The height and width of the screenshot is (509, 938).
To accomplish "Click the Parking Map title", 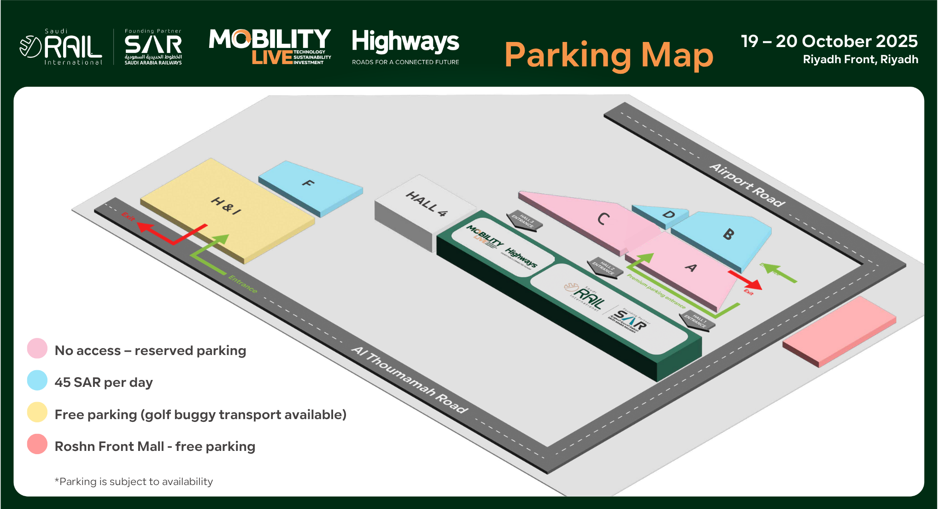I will (609, 55).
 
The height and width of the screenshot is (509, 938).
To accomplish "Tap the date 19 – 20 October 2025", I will (829, 41).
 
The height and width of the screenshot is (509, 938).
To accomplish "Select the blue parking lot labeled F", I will (309, 184).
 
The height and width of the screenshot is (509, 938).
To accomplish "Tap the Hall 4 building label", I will (426, 203).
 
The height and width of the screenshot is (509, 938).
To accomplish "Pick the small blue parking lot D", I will (668, 214).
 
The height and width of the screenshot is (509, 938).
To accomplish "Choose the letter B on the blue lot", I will (728, 234).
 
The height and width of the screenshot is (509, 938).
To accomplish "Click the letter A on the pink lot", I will (691, 267).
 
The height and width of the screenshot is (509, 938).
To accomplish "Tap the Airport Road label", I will (746, 184).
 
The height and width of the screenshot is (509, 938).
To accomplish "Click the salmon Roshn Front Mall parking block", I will (839, 331).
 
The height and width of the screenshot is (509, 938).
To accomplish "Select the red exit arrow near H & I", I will (170, 233).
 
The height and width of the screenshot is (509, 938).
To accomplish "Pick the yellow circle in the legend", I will (37, 412).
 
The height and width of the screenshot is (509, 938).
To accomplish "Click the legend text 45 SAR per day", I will (104, 382).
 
